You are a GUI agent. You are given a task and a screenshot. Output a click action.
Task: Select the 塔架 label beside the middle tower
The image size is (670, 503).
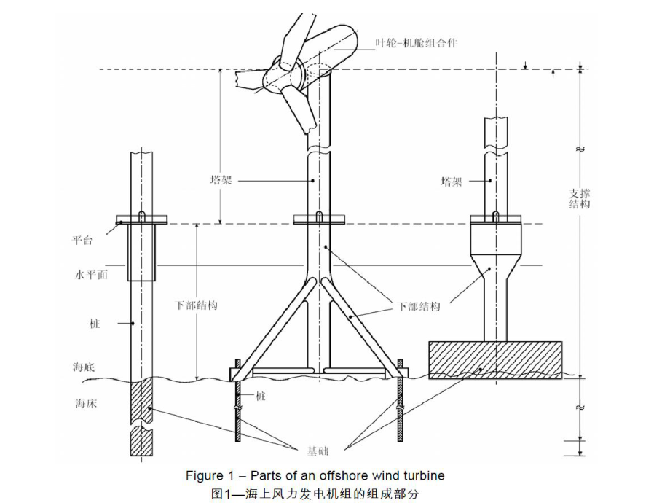point(221,179)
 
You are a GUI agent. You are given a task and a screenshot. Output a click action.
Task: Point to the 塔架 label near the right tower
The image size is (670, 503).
point(452,182)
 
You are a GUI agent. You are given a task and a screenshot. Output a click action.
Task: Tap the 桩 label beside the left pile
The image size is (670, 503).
point(95,323)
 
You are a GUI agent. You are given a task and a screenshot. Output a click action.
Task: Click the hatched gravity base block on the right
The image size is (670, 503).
point(494,359)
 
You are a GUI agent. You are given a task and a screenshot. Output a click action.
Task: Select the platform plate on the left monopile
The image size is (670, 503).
point(141,219)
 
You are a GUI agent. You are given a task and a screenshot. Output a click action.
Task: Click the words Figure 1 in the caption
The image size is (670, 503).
point(206,476)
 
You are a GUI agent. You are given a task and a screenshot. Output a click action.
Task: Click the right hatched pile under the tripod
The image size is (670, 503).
point(401,412)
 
